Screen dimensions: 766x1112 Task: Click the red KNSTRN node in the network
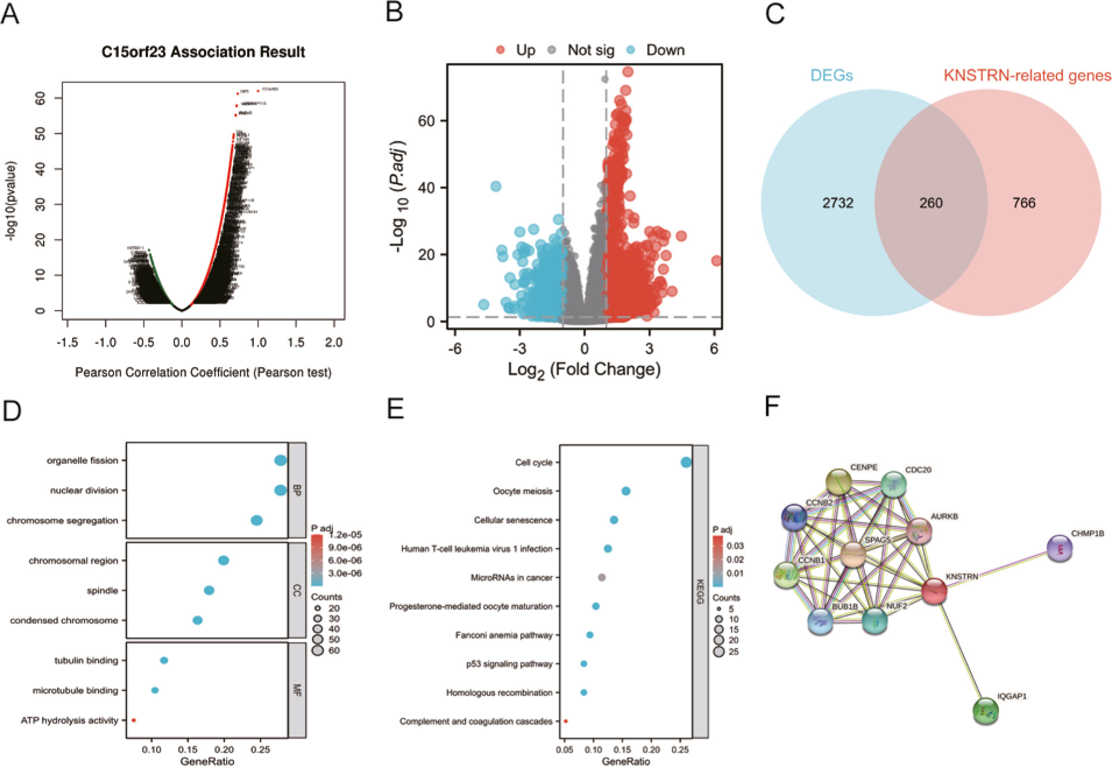[934, 591]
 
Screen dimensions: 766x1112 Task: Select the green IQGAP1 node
[985, 711]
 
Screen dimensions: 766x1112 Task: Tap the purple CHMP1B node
[1060, 549]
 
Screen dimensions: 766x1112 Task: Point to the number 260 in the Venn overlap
[931, 203]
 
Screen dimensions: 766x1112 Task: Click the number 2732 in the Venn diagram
[838, 203]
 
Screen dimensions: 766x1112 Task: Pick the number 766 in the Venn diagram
[1023, 203]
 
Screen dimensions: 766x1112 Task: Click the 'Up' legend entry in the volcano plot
[525, 50]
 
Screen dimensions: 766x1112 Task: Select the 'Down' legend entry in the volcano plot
[665, 50]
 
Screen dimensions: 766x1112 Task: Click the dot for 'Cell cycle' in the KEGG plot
[686, 462]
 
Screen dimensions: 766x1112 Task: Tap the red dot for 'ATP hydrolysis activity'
[133, 720]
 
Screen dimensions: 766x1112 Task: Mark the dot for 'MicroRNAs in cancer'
[602, 577]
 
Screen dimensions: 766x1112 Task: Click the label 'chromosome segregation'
[62, 520]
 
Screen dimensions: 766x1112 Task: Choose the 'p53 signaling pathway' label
[509, 663]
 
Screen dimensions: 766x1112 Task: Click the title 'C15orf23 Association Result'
[203, 52]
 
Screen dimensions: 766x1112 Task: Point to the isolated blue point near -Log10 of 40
[496, 186]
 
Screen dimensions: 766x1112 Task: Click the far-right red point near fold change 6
[716, 260]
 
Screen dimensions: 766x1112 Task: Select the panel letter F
[772, 406]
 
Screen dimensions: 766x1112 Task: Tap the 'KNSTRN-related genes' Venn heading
[1027, 76]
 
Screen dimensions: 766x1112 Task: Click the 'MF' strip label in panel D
[296, 690]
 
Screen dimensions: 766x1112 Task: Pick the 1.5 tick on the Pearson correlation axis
[296, 343]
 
